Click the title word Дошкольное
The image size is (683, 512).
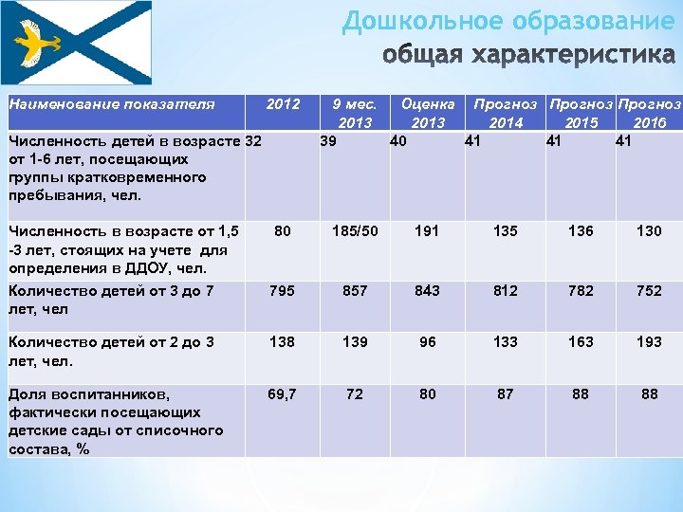coord(421,22)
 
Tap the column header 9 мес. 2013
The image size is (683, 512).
coord(355,112)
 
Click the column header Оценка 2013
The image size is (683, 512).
coord(428,112)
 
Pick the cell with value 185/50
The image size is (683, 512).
coord(355,230)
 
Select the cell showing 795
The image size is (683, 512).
coord(281,291)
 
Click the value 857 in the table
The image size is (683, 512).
coord(355,291)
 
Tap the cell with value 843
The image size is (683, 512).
coord(428,291)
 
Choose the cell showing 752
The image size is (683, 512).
coord(649,291)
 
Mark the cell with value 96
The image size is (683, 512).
coord(428,341)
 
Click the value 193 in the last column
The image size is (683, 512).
coord(649,341)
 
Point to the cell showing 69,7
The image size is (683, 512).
coord(281,393)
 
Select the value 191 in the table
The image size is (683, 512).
coord(428,230)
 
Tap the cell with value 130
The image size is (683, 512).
coord(649,230)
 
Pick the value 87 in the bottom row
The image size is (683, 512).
coord(505,393)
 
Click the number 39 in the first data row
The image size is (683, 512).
coord(327,141)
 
